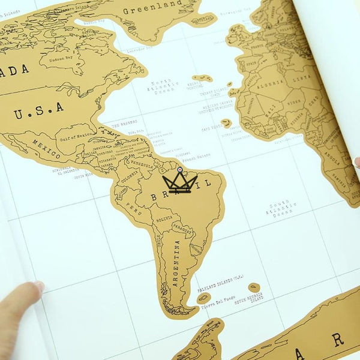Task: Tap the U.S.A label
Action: tap(40, 109)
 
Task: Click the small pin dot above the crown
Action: tap(179, 170)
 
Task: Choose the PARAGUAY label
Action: tap(183, 229)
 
